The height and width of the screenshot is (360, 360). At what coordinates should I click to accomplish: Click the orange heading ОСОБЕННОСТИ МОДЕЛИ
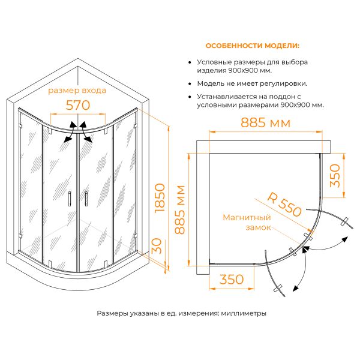pyautogui.click(x=253, y=46)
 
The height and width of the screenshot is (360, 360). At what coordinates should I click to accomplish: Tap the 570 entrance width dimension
pyautogui.click(x=78, y=106)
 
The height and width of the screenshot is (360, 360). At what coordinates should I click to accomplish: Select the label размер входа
pyautogui.click(x=77, y=91)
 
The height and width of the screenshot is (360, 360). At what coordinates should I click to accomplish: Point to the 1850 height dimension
pyautogui.click(x=160, y=197)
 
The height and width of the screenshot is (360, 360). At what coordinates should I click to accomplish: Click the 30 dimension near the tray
pyautogui.click(x=157, y=246)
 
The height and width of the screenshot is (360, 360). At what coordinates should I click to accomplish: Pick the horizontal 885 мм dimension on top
pyautogui.click(x=265, y=122)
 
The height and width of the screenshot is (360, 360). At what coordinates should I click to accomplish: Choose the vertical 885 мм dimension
pyautogui.click(x=179, y=209)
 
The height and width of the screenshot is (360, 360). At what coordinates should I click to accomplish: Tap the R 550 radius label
pyautogui.click(x=284, y=204)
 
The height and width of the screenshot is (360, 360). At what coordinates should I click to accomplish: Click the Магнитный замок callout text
pyautogui.click(x=247, y=222)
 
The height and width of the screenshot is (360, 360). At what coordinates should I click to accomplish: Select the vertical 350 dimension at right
pyautogui.click(x=335, y=175)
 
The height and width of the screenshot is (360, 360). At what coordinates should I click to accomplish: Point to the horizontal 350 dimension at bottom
pyautogui.click(x=232, y=279)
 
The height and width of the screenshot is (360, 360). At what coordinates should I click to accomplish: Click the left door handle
pyautogui.click(x=70, y=198)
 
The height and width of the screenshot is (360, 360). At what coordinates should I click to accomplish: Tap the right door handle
pyautogui.click(x=86, y=199)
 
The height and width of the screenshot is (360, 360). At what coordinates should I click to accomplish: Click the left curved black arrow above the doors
pyautogui.click(x=70, y=131)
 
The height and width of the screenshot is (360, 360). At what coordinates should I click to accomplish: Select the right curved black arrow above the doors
pyautogui.click(x=86, y=132)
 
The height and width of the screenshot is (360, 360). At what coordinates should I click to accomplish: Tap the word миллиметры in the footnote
pyautogui.click(x=244, y=313)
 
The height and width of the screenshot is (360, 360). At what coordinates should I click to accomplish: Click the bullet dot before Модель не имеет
pyautogui.click(x=190, y=84)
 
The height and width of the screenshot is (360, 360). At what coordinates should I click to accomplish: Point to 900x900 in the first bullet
pyautogui.click(x=244, y=70)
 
